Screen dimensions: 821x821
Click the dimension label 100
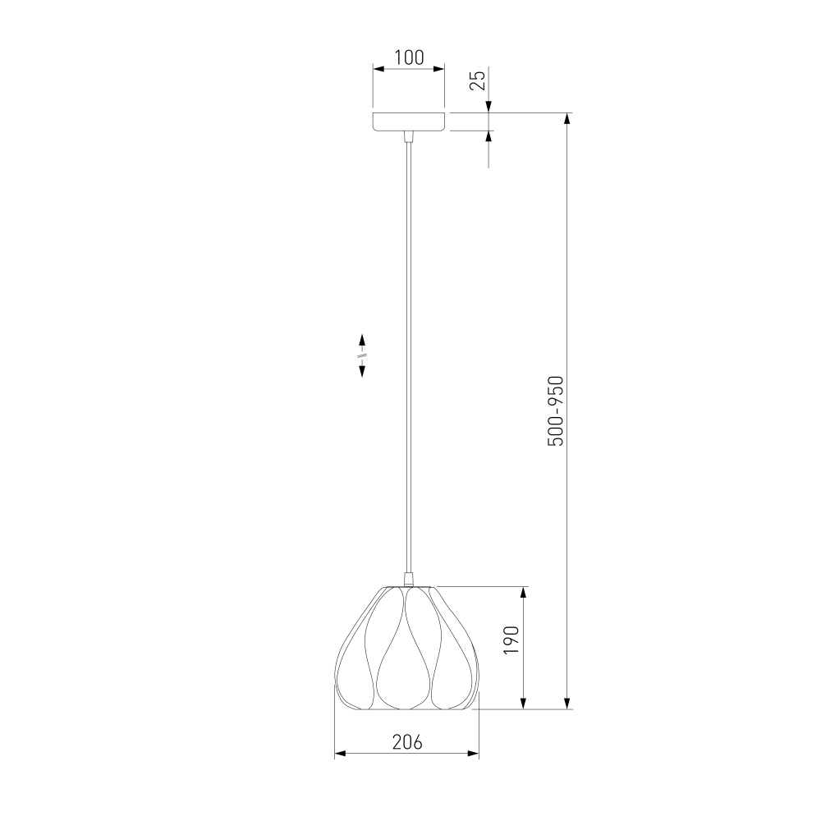point(409,57)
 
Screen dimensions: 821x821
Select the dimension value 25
point(478,80)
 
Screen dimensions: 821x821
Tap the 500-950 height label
point(556,411)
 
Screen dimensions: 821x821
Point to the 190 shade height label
point(511,640)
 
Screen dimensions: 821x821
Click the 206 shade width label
point(407,742)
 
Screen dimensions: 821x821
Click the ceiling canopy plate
point(409,122)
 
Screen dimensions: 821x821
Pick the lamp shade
point(407,649)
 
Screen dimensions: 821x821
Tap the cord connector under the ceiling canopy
point(409,136)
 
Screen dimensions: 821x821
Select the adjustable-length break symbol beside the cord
point(362,355)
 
